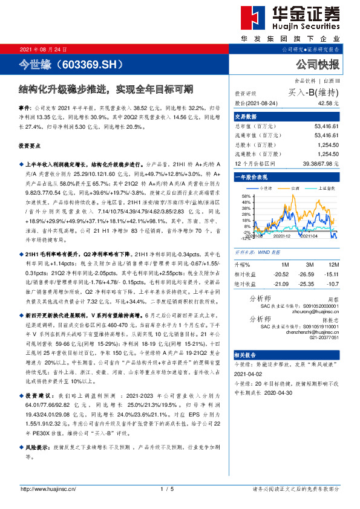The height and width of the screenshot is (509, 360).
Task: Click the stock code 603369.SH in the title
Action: pos(89,64)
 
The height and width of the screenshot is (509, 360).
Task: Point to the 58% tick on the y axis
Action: pos(246,196)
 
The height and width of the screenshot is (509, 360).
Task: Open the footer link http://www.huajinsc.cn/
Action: pos(48,488)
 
